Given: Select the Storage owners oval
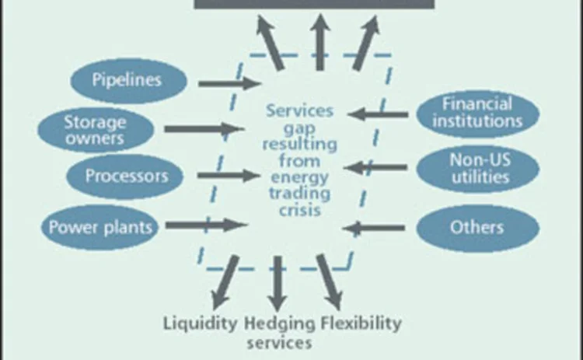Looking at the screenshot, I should click(94, 129).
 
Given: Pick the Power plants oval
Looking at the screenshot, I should click(101, 227).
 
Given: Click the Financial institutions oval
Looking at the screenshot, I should click(477, 114).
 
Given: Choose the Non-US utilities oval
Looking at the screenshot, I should click(478, 168).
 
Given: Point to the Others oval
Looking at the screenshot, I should click(477, 228).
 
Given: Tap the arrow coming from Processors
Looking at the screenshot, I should click(227, 176).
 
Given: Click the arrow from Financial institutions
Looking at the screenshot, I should click(378, 114).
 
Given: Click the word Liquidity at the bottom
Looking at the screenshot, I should click(200, 323).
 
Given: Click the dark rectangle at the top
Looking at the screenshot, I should click(314, 5).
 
